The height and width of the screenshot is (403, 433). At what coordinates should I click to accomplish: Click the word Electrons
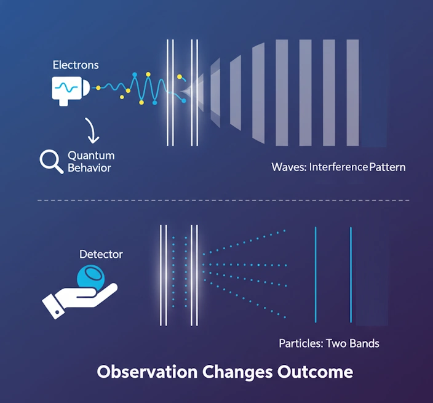tap(75, 65)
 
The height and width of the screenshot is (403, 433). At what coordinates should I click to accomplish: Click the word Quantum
tap(91, 155)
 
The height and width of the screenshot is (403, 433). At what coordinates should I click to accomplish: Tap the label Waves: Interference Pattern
tap(338, 167)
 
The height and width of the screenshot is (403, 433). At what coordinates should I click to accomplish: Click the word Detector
tap(101, 254)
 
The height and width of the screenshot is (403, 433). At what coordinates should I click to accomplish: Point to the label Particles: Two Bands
tap(329, 343)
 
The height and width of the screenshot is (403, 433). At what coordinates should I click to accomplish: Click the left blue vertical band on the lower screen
tap(316, 274)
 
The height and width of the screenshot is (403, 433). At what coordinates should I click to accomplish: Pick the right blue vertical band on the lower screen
tap(351, 274)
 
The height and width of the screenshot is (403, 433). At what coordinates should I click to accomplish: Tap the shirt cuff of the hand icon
tap(54, 307)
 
